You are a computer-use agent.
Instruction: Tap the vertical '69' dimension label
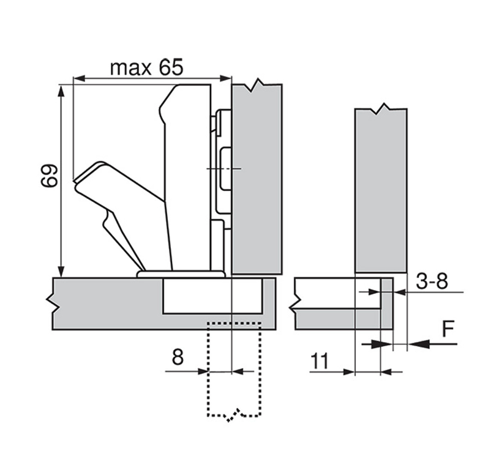tap(50, 176)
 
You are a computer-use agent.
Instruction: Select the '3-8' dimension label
tap(432, 281)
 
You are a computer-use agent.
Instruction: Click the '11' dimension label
tap(320, 361)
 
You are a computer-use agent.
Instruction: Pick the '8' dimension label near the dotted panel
tap(178, 357)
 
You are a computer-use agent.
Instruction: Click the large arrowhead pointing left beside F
tap(418, 344)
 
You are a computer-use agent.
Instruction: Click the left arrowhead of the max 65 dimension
tap(79, 78)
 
